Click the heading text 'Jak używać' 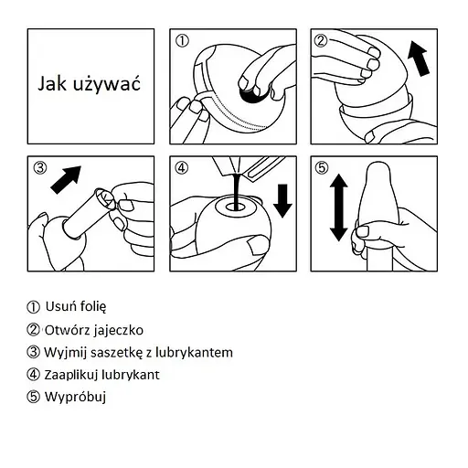coord(89,84)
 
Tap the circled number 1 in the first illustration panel coord(183,41)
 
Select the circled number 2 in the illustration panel coord(321,40)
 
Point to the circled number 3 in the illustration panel coord(40,167)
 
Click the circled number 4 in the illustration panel coord(182,167)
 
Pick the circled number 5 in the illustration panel coord(322,167)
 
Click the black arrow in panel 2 coord(419,58)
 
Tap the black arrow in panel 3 coord(66,180)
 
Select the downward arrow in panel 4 coord(282,201)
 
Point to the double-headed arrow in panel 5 coord(339,207)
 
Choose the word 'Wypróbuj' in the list coord(75,397)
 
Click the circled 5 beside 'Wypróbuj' coord(33,397)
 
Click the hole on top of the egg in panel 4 coord(235,207)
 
